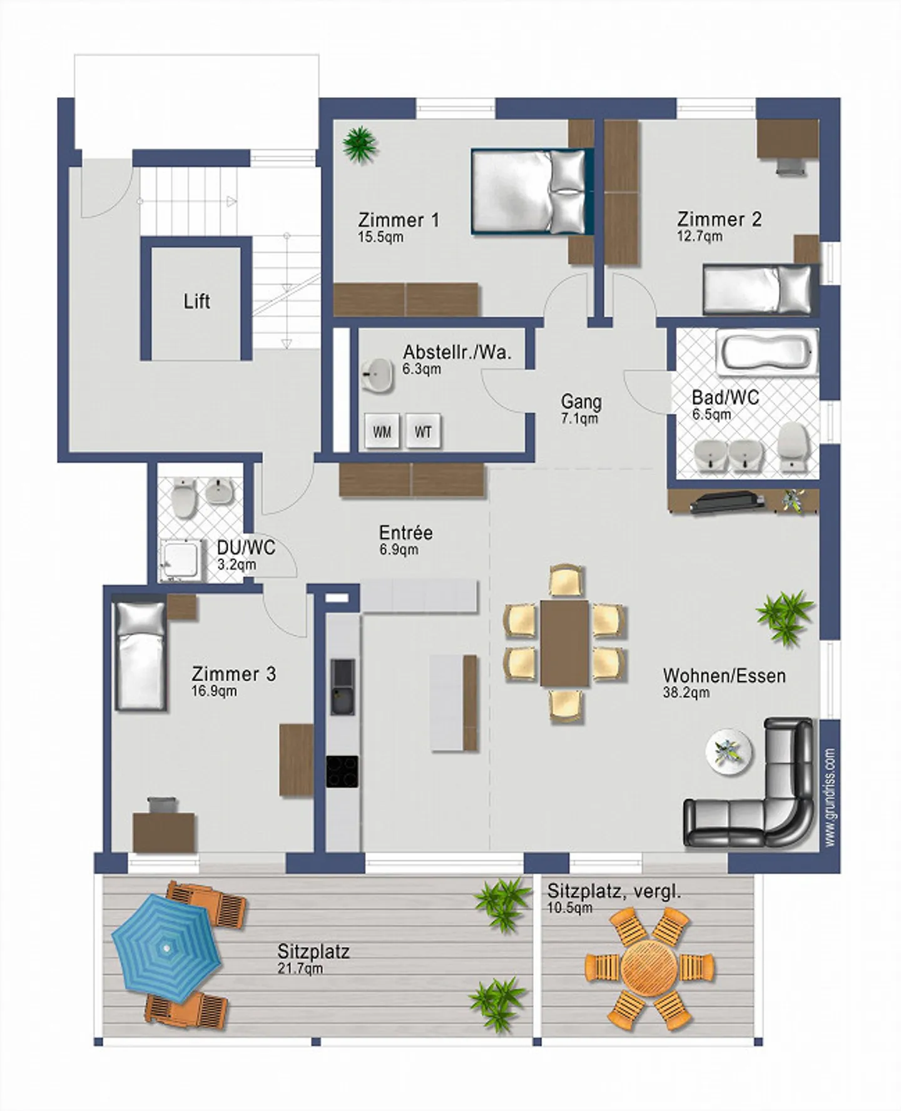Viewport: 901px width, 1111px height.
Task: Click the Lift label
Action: pos(196,301)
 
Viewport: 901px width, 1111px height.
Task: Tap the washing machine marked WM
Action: pos(382,431)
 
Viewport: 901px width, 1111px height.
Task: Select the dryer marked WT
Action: pos(423,431)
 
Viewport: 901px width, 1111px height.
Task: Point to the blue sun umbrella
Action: pos(166,947)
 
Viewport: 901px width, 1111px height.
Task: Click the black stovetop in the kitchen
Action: pos(342,771)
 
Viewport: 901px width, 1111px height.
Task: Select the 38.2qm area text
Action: pos(686,692)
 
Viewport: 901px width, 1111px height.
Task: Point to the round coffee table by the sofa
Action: pos(728,751)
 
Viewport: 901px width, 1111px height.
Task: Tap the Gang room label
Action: pos(581,402)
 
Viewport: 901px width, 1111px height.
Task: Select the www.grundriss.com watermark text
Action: pos(830,797)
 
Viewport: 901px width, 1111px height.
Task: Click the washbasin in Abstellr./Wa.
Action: pos(377,376)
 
